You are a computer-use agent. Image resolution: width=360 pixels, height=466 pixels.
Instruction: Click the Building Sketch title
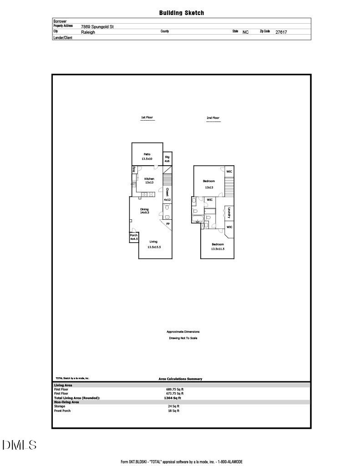tap(182, 13)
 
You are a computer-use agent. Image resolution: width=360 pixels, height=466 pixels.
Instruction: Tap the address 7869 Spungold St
tap(97, 27)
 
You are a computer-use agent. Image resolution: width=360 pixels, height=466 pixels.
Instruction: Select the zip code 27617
tap(281, 32)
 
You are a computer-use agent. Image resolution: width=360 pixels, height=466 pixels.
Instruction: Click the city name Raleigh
tap(88, 32)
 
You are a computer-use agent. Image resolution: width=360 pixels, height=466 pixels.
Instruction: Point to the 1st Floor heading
tap(147, 118)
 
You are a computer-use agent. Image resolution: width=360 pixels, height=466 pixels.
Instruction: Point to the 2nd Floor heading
tap(213, 118)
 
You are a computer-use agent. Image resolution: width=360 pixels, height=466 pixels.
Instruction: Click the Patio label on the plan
tap(147, 154)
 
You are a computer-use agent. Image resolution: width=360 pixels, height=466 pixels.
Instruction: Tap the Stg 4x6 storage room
tap(167, 159)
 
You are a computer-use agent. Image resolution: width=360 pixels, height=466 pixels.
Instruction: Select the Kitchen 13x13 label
tap(149, 181)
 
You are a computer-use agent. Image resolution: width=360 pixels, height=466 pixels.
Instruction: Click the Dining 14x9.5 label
tap(144, 211)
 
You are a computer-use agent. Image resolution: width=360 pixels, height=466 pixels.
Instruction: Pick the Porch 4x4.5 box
tap(134, 237)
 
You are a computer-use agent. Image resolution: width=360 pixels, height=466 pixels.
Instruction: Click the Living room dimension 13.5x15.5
tap(154, 247)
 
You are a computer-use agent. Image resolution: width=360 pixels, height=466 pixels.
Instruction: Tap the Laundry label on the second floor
tap(229, 213)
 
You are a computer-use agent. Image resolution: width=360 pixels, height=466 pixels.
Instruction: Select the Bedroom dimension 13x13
tap(209, 187)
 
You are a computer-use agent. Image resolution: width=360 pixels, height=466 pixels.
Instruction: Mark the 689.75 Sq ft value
tap(175, 390)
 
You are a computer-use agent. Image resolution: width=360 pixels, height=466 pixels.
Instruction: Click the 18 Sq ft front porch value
tap(174, 410)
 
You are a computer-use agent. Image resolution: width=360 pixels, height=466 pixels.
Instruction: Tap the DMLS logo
tap(20, 445)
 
